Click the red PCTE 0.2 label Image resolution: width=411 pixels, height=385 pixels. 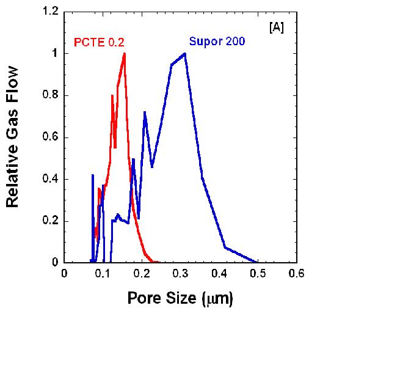click(x=100, y=42)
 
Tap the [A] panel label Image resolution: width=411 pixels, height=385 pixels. click(x=276, y=28)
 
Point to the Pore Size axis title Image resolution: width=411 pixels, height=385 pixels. click(x=180, y=299)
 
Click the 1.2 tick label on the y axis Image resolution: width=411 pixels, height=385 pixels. click(x=51, y=12)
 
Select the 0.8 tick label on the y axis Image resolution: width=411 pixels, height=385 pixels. click(x=51, y=95)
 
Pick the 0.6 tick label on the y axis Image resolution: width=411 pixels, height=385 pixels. click(x=51, y=137)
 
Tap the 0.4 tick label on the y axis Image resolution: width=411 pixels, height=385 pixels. click(x=51, y=179)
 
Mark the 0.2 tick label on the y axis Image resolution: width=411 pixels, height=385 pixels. click(x=51, y=221)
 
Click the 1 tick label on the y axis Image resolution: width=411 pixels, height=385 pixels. click(x=56, y=54)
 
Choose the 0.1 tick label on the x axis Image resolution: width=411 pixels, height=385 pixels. click(x=103, y=274)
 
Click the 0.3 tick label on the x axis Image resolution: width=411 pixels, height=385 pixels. click(x=181, y=274)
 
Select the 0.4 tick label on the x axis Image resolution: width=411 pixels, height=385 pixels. click(x=219, y=274)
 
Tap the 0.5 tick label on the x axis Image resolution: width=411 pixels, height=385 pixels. click(x=258, y=274)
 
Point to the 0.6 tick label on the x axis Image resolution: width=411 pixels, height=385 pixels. click(x=296, y=274)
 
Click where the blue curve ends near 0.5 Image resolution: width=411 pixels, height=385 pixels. click(x=257, y=262)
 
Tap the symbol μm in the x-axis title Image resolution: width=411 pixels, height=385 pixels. click(x=217, y=299)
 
